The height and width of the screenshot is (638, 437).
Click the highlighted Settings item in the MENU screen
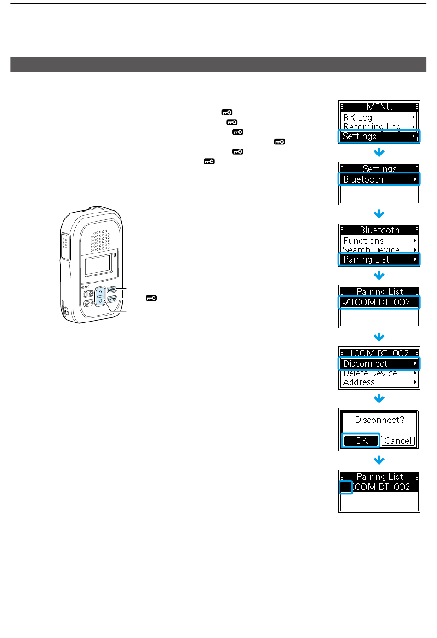pyautogui.click(x=379, y=136)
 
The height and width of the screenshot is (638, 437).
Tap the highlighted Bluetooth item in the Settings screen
pyautogui.click(x=379, y=179)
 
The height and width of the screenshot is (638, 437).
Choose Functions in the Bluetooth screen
pyautogui.click(x=363, y=241)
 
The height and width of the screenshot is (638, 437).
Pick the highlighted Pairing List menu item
pyautogui.click(x=379, y=259)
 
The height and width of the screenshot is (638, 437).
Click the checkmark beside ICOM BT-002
pyautogui.click(x=346, y=303)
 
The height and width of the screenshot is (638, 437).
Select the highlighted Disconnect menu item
pyautogui.click(x=379, y=364)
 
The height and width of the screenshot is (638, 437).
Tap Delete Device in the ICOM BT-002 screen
pyautogui.click(x=370, y=374)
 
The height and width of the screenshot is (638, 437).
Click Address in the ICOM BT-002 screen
pyautogui.click(x=359, y=382)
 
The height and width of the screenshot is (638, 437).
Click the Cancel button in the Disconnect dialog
pyautogui.click(x=398, y=441)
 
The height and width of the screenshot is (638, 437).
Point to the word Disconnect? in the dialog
pyautogui.click(x=379, y=420)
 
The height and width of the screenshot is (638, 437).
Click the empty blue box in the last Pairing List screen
pyautogui.click(x=346, y=487)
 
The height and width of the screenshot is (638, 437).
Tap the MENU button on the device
pyautogui.click(x=112, y=290)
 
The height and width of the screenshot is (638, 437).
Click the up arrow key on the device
pyautogui.click(x=101, y=292)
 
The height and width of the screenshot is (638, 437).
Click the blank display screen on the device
pyautogui.click(x=98, y=265)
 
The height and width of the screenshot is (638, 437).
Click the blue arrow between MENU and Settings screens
pyautogui.click(x=379, y=152)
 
